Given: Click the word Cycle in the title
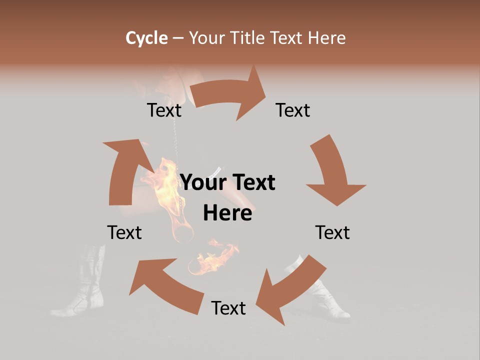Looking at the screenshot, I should [146, 38].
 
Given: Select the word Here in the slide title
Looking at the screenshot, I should [326, 38].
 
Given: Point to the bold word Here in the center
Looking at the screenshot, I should [227, 213].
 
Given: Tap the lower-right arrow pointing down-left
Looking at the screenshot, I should [290, 290].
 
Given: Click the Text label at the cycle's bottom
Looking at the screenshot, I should [228, 308].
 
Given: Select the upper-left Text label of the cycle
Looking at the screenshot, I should [164, 110].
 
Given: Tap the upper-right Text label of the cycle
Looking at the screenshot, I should [293, 110].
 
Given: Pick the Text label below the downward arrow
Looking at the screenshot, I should [332, 232].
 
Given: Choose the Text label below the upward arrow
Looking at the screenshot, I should [124, 232].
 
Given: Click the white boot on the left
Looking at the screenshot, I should [85, 290].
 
